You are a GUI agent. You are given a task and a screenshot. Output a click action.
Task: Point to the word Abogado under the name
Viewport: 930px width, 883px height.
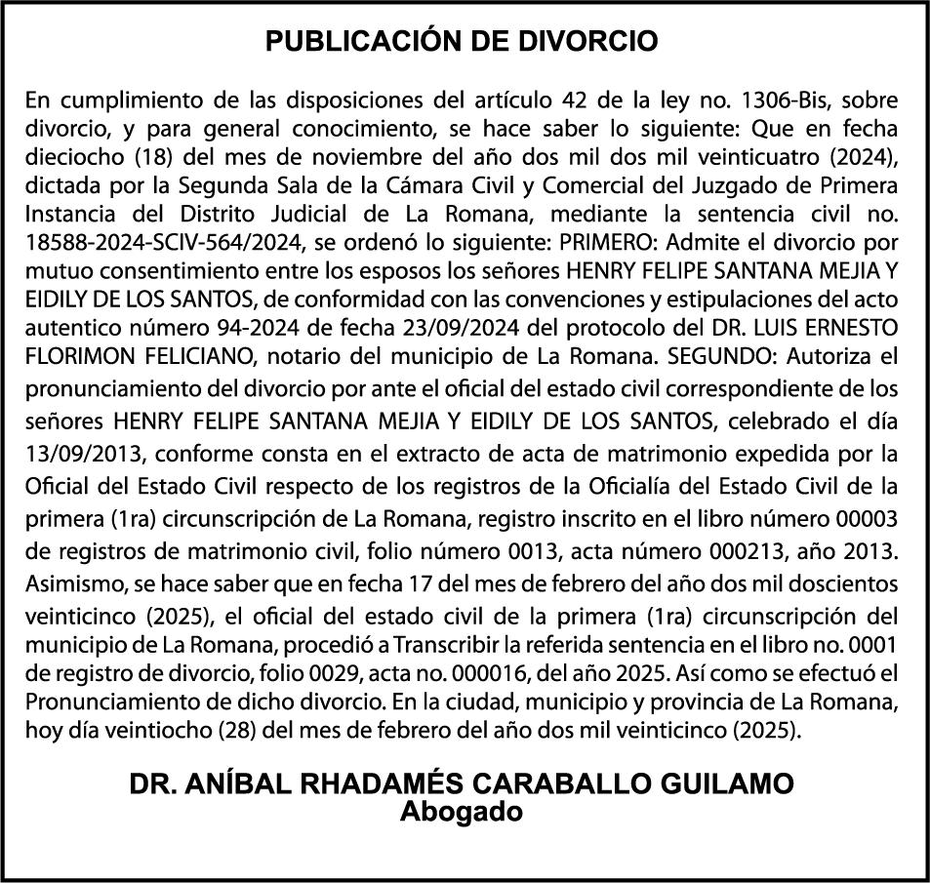[463, 811]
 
